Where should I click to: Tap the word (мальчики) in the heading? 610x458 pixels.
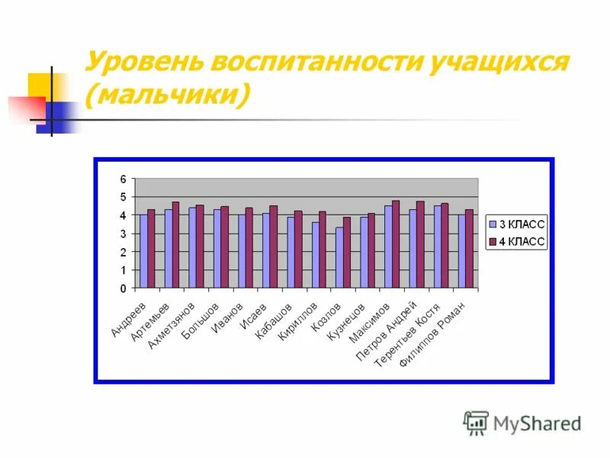tap(169, 96)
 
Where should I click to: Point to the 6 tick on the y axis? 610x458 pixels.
tap(122, 179)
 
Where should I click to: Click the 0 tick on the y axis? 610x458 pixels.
tap(122, 289)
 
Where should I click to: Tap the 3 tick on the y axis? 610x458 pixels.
tap(122, 234)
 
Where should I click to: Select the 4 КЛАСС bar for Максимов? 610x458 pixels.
tap(396, 245)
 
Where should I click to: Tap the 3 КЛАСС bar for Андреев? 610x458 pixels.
tap(143, 252)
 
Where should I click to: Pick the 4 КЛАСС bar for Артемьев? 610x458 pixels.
tap(175, 246)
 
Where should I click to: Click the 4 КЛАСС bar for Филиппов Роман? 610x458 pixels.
tap(469, 250)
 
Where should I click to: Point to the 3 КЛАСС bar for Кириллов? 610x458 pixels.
tap(315, 256)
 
